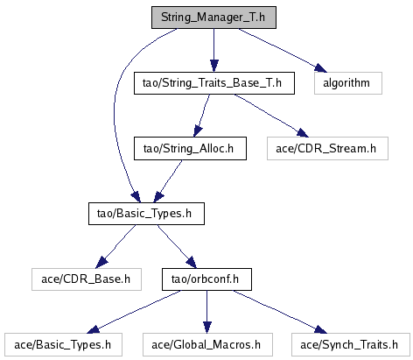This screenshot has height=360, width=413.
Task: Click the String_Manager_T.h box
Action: coord(213,18)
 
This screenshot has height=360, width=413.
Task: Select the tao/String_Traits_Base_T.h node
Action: coord(214,83)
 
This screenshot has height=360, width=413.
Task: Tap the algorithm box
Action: coord(348,83)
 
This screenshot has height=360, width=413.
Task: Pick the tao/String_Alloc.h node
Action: coord(190,148)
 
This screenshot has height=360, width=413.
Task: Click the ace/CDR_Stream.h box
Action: coord(327,148)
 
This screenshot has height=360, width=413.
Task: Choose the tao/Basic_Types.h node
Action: coord(146,214)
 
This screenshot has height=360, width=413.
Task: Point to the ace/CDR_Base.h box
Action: coord(87,279)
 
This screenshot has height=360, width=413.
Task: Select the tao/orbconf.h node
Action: coord(206,279)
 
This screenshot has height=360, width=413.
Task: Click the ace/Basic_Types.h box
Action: coord(63,345)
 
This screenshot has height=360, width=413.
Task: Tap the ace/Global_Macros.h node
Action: coord(207,345)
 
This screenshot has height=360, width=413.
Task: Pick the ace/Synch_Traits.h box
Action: coord(351,345)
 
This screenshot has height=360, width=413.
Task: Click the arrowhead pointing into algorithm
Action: coord(320,67)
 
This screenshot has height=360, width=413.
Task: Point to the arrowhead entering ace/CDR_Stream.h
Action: coord(303,133)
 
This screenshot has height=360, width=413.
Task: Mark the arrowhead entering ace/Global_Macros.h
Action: coord(206,327)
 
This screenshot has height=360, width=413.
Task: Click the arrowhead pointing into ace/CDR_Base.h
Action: coord(101,262)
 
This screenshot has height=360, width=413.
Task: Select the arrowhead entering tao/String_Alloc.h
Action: coord(198,131)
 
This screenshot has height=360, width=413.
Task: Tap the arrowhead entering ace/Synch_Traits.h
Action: coord(320,328)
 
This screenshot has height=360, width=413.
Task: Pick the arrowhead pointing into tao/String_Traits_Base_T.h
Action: coord(213,66)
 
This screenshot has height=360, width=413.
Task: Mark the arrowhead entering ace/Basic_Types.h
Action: coord(94,329)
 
